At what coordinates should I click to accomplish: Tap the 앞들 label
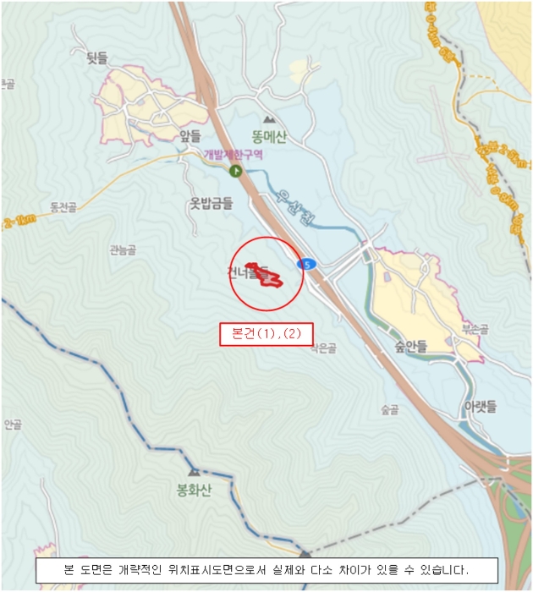click(190, 135)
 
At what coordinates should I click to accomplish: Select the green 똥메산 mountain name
click(268, 137)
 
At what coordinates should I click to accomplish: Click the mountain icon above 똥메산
click(269, 120)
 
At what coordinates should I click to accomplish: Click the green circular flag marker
click(235, 172)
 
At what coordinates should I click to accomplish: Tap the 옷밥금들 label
click(211, 203)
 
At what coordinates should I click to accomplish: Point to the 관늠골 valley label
click(122, 249)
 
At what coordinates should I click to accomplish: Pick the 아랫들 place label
click(479, 407)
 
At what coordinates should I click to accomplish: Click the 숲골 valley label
click(389, 410)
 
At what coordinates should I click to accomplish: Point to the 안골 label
click(12, 425)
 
